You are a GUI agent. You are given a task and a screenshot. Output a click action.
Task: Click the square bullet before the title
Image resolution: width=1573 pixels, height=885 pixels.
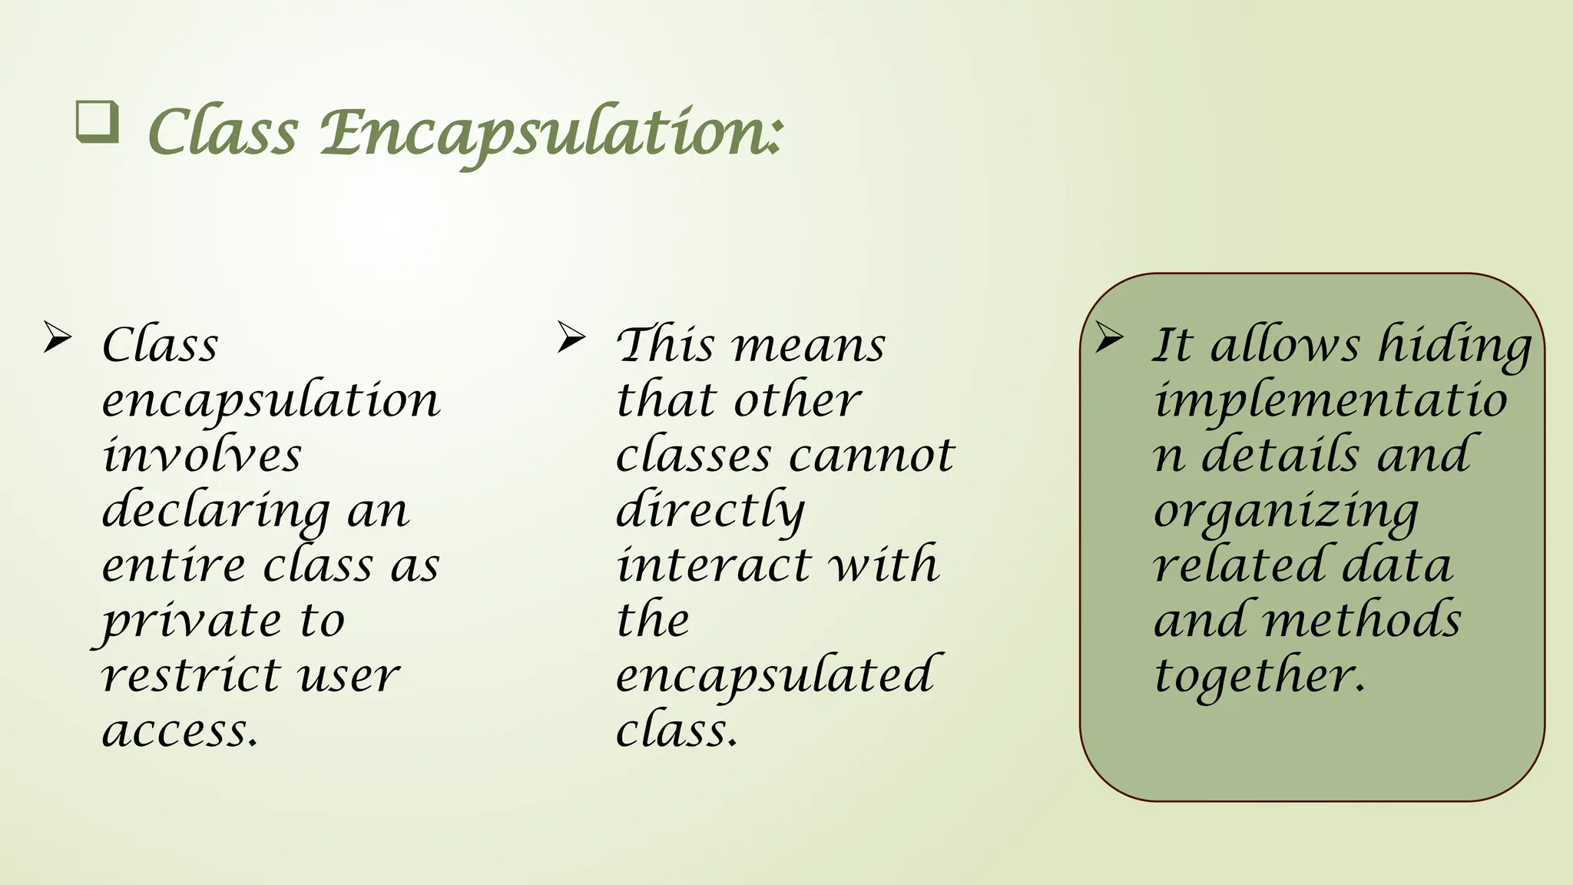click(x=98, y=123)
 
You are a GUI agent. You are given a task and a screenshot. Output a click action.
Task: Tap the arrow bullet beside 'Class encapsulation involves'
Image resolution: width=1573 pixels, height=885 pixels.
click(x=58, y=337)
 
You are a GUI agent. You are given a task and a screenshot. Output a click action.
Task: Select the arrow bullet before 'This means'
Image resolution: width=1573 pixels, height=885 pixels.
click(x=571, y=337)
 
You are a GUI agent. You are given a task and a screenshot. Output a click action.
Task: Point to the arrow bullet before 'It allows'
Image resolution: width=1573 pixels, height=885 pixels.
click(x=1109, y=337)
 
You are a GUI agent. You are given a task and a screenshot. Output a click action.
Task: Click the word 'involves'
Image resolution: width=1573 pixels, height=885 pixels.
click(x=201, y=455)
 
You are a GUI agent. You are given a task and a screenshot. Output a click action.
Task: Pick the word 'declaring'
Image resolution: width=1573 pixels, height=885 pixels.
click(x=215, y=511)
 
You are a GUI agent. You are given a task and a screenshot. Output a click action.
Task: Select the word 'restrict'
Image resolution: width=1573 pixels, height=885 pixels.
click(x=189, y=676)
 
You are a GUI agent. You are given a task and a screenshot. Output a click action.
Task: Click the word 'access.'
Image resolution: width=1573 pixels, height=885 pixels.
click(x=180, y=731)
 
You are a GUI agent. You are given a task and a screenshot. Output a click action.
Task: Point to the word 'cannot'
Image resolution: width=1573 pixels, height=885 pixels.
click(x=872, y=455)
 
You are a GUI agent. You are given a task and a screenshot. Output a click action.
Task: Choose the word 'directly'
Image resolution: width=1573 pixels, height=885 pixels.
click(x=710, y=511)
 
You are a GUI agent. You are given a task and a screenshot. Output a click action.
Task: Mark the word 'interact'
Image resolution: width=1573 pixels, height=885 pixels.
click(x=714, y=565)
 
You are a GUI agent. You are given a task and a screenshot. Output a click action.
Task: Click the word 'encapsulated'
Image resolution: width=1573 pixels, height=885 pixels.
click(x=775, y=676)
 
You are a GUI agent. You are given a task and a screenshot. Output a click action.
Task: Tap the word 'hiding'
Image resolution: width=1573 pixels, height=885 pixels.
click(x=1455, y=346)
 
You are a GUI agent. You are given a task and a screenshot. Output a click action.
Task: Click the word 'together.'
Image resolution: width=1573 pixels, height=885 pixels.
click(x=1260, y=676)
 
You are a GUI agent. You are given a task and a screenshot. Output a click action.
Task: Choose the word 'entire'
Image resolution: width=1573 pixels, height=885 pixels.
click(x=174, y=565)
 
